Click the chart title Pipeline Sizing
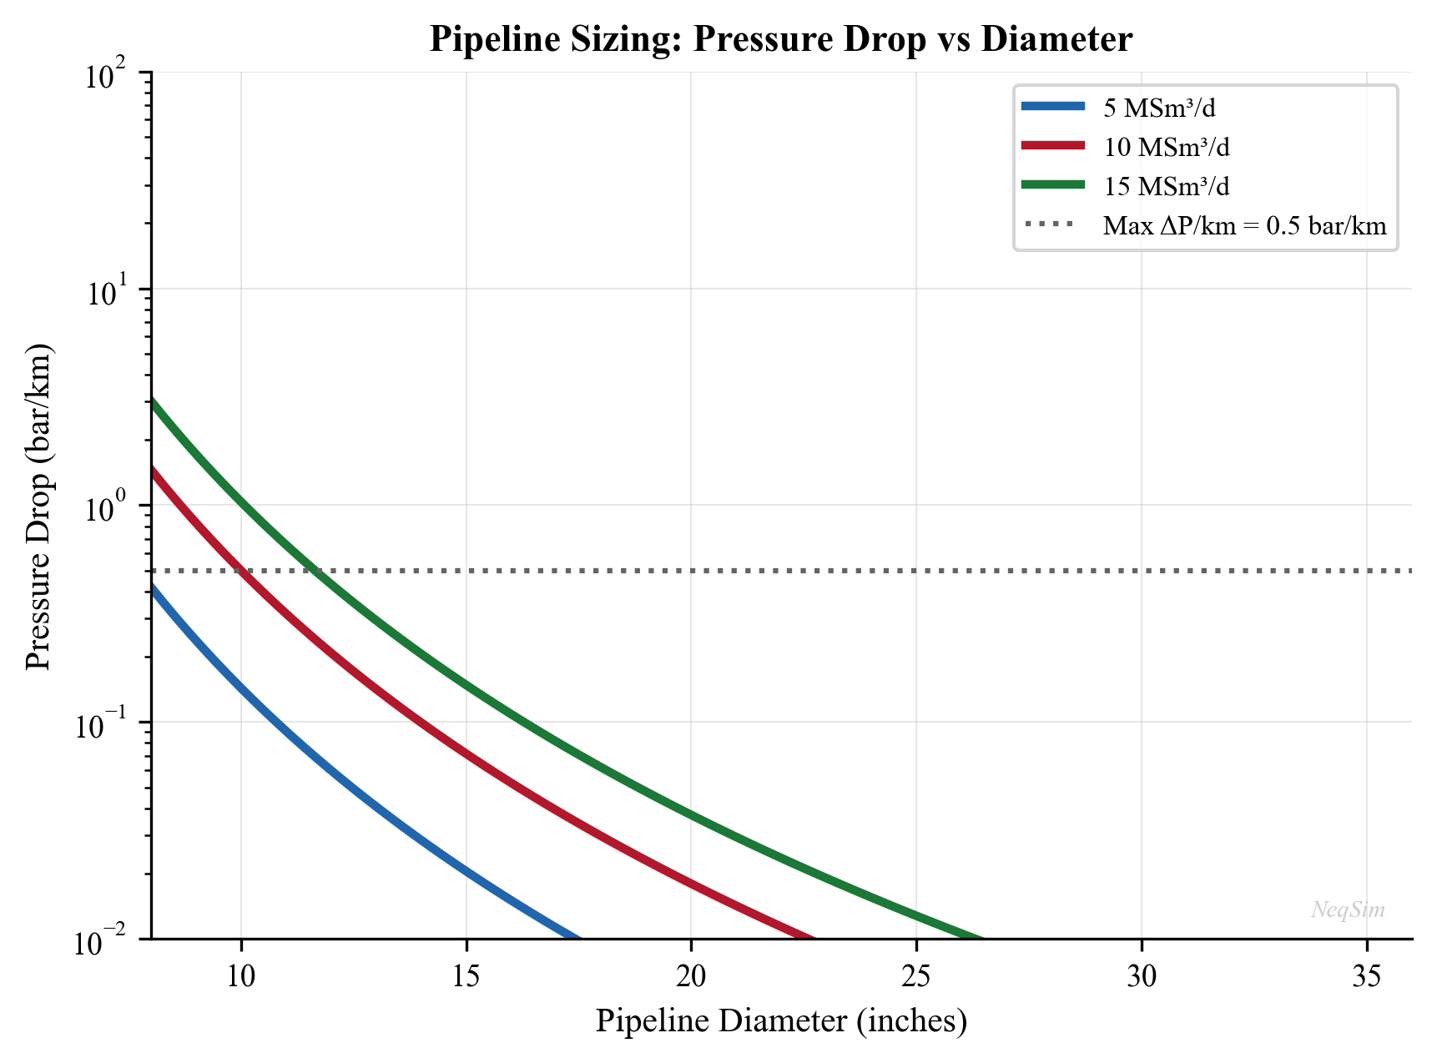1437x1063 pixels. pos(780,39)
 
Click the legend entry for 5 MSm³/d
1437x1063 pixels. pos(1159,108)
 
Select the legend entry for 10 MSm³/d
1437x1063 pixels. pos(1166,147)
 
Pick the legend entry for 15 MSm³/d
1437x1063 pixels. pos(1166,186)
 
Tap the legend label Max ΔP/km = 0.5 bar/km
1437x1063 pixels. pos(1244,225)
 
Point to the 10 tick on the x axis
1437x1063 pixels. pos(241,976)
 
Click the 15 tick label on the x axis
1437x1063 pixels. pos(466,976)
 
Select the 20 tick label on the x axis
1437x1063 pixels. pos(691,976)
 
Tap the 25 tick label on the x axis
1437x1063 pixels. pos(916,976)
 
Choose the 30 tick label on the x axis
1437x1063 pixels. pos(1142,976)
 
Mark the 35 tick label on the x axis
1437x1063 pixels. pos(1367,976)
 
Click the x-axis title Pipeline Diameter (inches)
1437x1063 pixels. pos(780,1021)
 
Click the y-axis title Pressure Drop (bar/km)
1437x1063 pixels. pos(38,505)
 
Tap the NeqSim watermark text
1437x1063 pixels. pos(1347,909)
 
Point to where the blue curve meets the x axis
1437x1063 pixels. pos(578,937)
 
